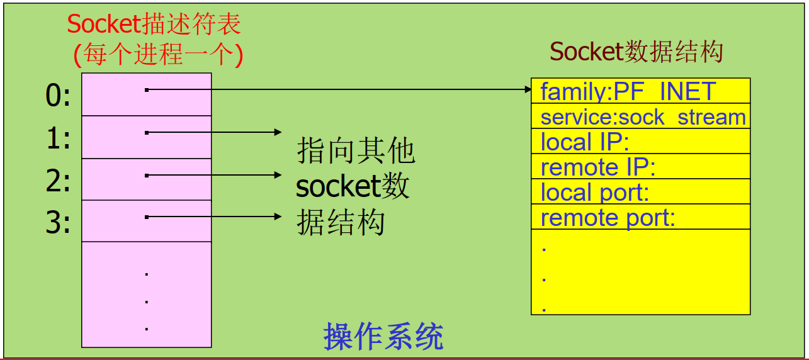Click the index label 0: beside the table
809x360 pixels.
pos(58,96)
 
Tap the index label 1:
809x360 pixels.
pos(58,138)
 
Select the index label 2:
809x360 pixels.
pos(58,181)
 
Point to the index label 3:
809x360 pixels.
pos(58,223)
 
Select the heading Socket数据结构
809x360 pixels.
pos(636,52)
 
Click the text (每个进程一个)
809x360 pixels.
pos(158,55)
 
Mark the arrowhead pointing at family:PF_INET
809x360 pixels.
pos(528,90)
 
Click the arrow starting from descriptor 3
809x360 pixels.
pos(214,217)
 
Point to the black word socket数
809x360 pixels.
pos(353,186)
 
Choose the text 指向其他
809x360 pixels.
pos(356,151)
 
